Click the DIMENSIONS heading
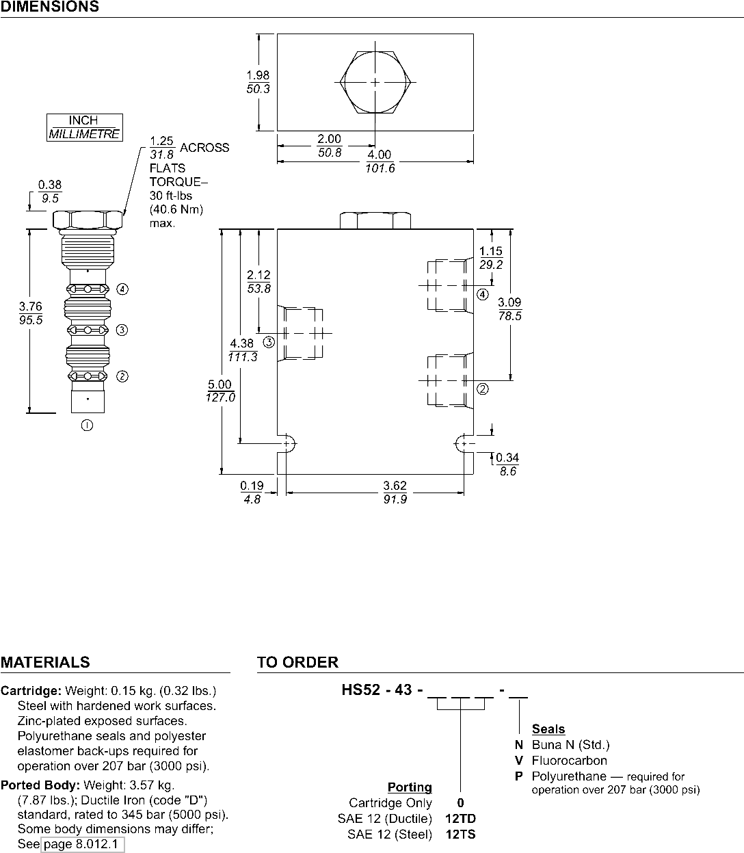click(x=50, y=7)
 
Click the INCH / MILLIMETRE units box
click(x=85, y=127)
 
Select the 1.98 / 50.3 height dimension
click(x=258, y=82)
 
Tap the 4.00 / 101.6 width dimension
click(x=380, y=161)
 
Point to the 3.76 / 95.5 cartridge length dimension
click(x=30, y=313)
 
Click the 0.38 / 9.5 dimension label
click(x=50, y=192)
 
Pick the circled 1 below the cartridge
click(x=87, y=425)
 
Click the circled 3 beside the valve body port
click(x=269, y=342)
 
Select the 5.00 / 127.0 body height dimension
click(x=220, y=391)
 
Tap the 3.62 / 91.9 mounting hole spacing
click(x=395, y=493)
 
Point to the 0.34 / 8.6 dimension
click(x=507, y=464)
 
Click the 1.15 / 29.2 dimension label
click(x=491, y=258)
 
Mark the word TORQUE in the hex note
click(x=176, y=182)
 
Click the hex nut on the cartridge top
click(x=88, y=220)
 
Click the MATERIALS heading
click(x=45, y=662)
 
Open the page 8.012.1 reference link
click(x=83, y=844)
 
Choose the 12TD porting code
click(x=461, y=818)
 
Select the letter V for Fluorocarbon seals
click(x=519, y=761)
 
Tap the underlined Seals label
click(x=548, y=729)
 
